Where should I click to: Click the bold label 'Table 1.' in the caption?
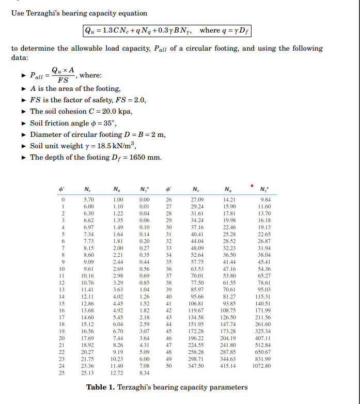coord(101,387)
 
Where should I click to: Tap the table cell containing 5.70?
coord(89,198)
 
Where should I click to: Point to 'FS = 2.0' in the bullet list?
coord(129,100)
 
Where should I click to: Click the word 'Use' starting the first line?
coord(19,13)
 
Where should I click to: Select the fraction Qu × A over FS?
coord(62,76)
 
